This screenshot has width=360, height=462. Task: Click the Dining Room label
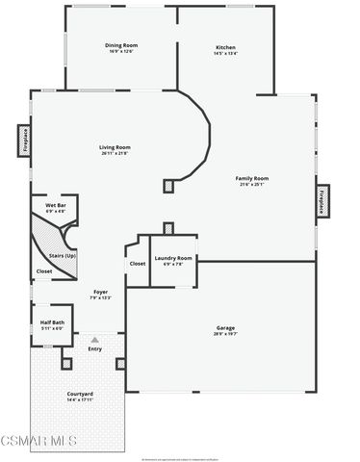121,45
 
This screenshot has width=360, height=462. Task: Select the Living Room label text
115,147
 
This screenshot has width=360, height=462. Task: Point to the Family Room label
252,178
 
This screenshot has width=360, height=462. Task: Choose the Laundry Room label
173,258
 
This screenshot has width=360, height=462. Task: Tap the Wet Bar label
55,205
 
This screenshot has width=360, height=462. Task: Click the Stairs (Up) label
63,255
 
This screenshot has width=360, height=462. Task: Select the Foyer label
100,291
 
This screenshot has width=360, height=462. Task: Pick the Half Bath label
52,322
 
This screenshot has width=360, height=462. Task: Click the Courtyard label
80,394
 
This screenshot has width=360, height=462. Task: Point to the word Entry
94,348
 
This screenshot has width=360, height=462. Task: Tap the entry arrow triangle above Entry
94,340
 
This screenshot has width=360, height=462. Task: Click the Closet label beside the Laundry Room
137,263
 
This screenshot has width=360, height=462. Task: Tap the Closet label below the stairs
44,271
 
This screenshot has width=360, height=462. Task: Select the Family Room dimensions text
252,184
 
